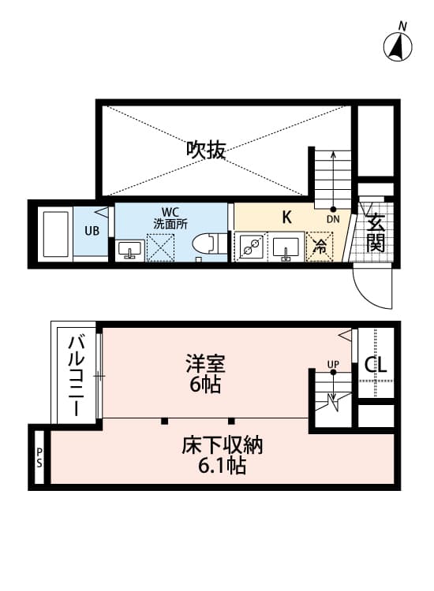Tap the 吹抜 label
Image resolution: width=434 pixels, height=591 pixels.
point(206,150)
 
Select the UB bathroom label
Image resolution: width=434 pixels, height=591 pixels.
point(92,232)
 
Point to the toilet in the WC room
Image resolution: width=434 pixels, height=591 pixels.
point(208,246)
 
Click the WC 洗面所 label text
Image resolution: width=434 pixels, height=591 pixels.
point(170,217)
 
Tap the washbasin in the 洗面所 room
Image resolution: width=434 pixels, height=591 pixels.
point(130,250)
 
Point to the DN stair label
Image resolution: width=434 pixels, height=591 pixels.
point(333,220)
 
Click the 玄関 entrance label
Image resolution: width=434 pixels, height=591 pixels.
point(376,232)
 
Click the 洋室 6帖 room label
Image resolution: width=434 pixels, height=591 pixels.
point(206,374)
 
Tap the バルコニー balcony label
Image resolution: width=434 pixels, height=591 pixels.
point(76,375)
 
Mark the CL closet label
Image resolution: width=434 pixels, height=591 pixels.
point(375,366)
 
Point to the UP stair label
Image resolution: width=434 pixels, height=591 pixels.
point(333,364)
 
